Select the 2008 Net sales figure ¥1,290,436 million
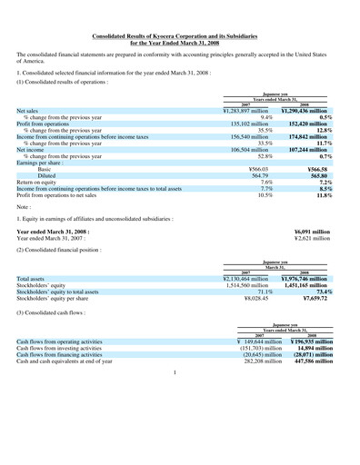click(x=311, y=110)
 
